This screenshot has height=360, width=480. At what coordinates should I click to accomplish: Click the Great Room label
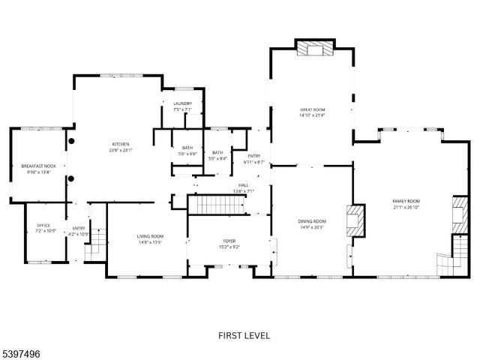312,109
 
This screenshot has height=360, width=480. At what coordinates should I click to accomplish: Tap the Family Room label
406,201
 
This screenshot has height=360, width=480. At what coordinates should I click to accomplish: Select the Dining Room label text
311,221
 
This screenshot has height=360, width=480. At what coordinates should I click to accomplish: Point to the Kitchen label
121,144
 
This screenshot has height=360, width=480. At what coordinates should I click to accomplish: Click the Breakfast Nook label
38,165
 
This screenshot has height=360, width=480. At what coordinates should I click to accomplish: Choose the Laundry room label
182,103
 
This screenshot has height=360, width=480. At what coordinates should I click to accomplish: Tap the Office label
43,226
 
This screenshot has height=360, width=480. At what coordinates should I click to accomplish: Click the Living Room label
150,236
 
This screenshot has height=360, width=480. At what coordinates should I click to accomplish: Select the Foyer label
228,241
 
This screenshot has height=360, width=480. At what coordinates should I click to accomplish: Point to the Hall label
243,185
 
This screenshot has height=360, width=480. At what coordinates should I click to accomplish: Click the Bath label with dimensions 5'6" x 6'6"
187,148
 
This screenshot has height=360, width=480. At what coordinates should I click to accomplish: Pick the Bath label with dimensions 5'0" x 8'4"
217,152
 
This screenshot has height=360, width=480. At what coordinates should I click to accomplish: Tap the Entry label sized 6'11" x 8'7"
254,156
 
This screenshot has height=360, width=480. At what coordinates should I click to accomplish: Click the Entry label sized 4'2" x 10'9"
79,228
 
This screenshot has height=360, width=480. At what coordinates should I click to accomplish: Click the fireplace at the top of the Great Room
312,49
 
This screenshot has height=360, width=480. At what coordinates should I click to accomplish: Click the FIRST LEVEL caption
244,335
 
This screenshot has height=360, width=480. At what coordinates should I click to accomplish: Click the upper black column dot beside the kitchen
72,140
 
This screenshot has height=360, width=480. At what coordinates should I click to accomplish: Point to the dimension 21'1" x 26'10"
406,208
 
